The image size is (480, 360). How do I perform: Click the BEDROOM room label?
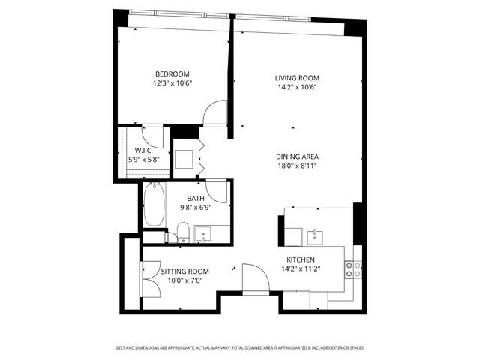click(172, 73)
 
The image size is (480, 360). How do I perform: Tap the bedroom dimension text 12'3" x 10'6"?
click(172, 83)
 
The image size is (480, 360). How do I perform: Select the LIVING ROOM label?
click(298, 77)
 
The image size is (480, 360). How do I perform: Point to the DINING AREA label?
click(298, 156)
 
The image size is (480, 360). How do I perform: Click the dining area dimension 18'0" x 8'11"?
click(298, 166)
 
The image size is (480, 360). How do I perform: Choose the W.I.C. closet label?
click(144, 149)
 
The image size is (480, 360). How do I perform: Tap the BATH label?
click(196, 198)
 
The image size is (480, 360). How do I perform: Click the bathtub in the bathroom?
click(154, 205)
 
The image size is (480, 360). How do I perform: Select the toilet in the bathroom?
click(183, 230)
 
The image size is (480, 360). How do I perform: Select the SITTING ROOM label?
click(185, 271)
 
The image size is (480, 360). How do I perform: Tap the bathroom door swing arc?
click(217, 190)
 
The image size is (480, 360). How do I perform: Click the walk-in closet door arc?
click(154, 136)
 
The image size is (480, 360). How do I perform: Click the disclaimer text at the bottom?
click(240, 347)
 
